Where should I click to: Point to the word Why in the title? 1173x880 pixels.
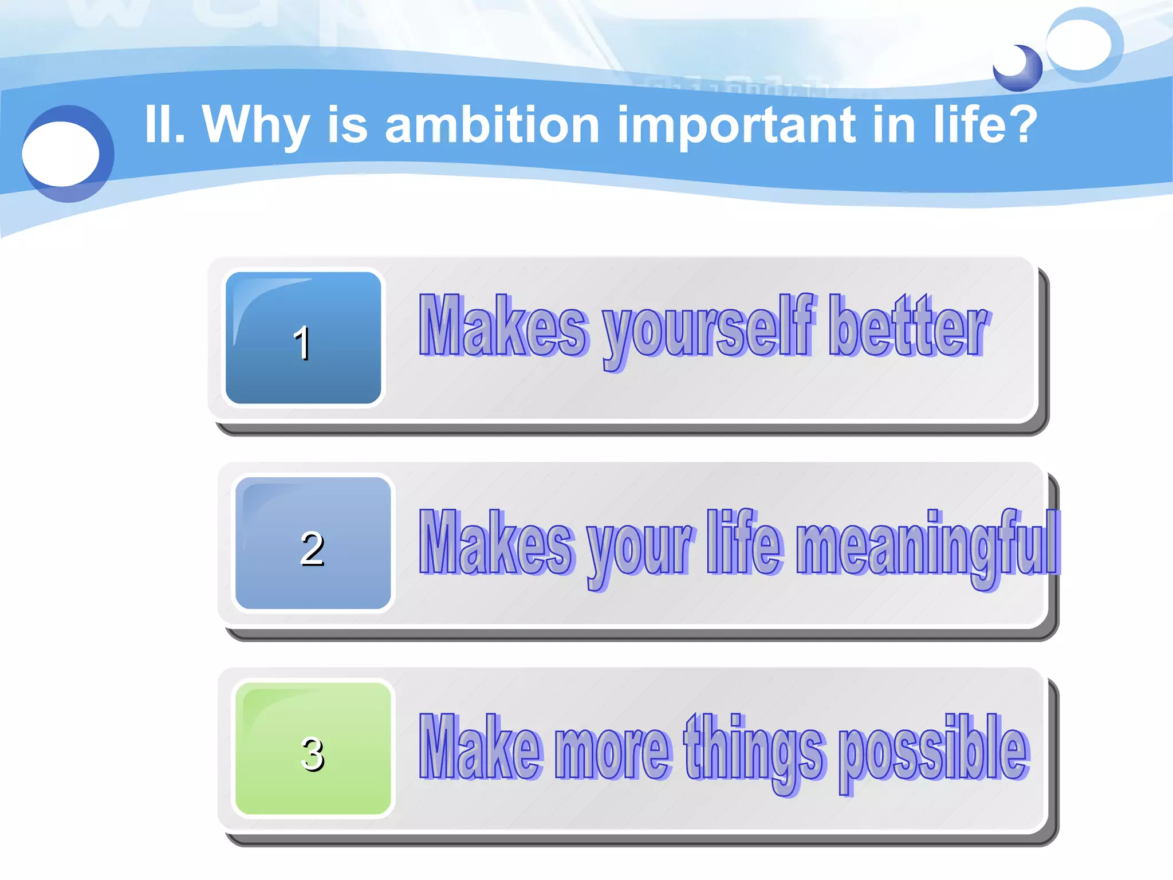255,126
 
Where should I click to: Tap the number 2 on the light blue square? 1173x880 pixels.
312,549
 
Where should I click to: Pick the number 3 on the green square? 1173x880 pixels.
312,754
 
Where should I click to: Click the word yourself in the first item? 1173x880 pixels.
708,329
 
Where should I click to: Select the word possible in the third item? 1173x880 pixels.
934,751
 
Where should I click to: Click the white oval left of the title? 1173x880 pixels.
61,154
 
